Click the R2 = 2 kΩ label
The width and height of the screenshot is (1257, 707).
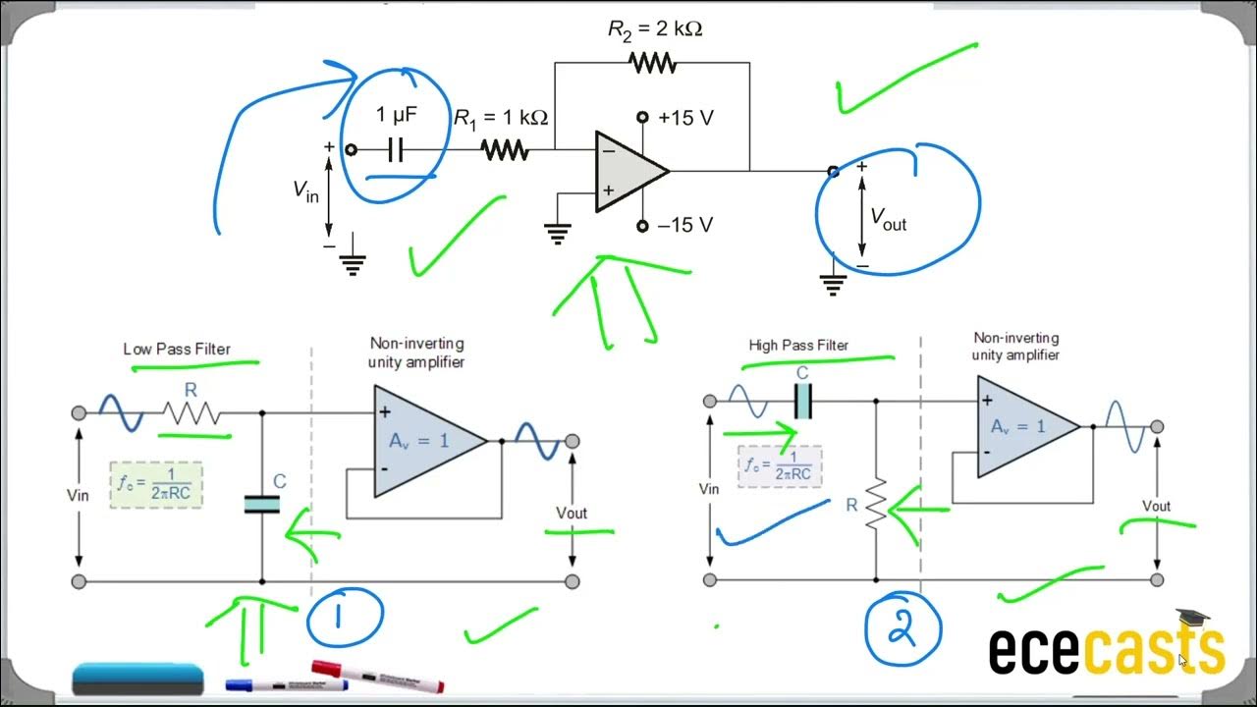655,29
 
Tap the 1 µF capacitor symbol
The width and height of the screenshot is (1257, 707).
396,150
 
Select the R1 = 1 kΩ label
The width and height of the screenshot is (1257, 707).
500,118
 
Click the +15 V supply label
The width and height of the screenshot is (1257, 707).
685,118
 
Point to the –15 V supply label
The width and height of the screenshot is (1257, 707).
685,226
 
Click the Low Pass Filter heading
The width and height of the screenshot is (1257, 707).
176,349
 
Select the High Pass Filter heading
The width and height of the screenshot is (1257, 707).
798,345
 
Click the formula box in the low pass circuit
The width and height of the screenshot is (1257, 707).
158,484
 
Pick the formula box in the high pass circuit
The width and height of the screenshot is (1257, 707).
779,464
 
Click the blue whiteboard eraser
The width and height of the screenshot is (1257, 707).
138,678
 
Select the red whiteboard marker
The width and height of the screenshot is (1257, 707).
378,677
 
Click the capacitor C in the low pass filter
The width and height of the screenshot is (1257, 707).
262,504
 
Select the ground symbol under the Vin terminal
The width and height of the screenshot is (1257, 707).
353,262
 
